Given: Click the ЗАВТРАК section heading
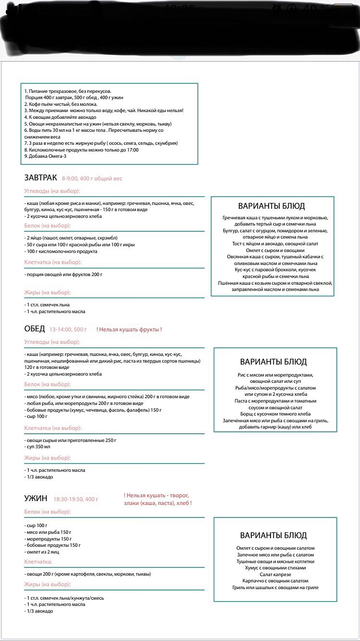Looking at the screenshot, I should click(40, 178).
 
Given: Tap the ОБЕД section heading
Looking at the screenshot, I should click(34, 329).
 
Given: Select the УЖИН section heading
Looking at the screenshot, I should click(36, 499).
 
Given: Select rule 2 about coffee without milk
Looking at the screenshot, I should click(61, 104).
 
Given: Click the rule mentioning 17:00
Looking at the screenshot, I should click(81, 150).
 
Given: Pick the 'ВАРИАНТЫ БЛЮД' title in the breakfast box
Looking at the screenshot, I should click(272, 206).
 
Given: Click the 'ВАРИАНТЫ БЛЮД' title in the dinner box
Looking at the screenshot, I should click(273, 535).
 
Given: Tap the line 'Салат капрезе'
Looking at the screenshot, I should click(275, 574).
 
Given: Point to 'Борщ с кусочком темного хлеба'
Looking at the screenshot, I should click(275, 414).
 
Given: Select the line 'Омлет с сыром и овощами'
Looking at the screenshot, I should click(272, 250).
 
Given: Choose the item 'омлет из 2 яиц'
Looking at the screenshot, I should click(42, 552).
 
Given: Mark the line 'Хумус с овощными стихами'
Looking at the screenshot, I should click(275, 568).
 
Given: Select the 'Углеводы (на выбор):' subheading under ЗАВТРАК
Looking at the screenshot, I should click(52, 191).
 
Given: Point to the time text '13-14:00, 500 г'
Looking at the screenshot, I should click(68, 330).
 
